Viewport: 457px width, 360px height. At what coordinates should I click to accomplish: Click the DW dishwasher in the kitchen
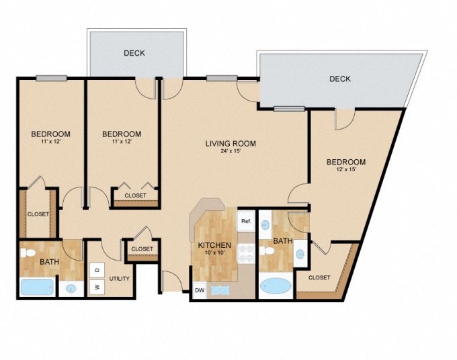(200, 290)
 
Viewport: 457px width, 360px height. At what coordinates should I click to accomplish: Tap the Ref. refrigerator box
(246, 220)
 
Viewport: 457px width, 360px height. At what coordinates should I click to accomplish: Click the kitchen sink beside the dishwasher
(220, 290)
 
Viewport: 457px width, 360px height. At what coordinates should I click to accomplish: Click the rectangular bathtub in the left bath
(36, 287)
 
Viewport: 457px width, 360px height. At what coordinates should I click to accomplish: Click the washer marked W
(96, 287)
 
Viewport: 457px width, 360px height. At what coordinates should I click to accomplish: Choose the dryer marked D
(96, 270)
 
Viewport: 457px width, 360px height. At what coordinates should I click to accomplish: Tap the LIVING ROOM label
(231, 143)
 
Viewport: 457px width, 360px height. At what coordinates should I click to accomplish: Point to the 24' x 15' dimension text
(231, 151)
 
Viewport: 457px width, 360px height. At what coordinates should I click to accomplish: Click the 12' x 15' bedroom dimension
(345, 170)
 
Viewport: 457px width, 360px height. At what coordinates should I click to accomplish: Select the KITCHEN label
(214, 245)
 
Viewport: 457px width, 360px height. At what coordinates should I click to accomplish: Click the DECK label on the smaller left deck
(134, 53)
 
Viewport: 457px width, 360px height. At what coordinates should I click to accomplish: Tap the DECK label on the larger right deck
(340, 79)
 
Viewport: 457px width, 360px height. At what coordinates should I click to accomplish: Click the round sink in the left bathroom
(71, 289)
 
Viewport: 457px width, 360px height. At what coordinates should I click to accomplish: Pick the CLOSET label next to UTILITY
(142, 249)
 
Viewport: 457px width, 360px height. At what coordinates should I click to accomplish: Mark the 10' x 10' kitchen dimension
(214, 253)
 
